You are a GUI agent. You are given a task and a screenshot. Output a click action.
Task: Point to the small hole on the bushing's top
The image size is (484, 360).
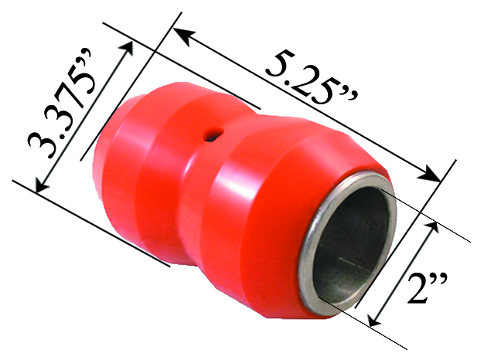(x=210, y=136)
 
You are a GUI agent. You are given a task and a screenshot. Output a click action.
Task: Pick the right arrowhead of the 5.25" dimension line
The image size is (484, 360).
(x=435, y=176)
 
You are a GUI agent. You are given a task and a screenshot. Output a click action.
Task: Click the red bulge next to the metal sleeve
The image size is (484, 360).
(x=263, y=224)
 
